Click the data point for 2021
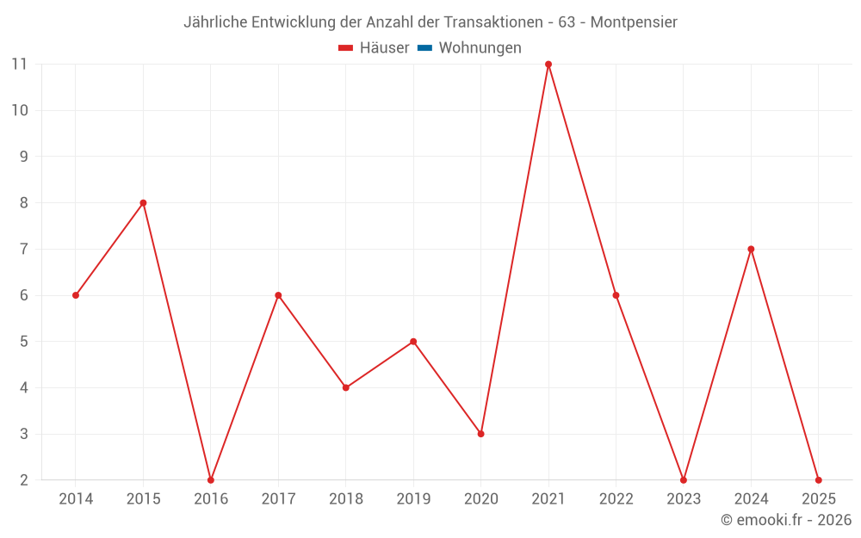(548, 65)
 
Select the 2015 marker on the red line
(143, 203)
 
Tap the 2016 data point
(211, 479)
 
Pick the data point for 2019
(413, 342)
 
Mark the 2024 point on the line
(751, 250)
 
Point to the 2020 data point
(480, 434)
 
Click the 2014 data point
(76, 295)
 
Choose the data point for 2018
(346, 387)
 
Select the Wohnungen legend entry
(480, 48)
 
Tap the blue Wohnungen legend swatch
(424, 48)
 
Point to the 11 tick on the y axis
(19, 65)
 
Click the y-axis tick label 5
(23, 342)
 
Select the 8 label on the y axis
(23, 203)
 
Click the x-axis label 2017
(278, 499)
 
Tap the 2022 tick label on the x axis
(616, 499)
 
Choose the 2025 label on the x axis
(818, 499)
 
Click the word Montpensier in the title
(635, 22)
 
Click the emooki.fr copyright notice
(786, 520)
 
